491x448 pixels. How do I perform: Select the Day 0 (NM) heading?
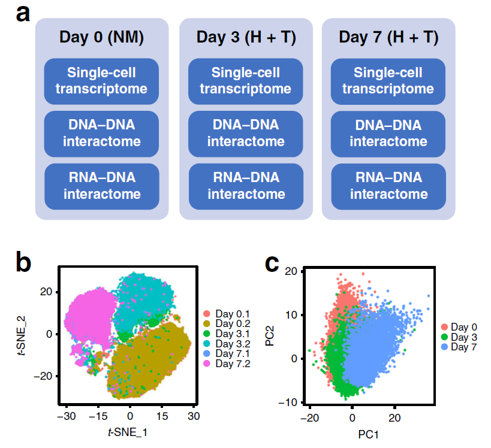pos(101,38)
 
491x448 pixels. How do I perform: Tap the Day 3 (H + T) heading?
pos(246,38)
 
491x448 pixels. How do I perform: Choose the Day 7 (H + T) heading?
pos(388,38)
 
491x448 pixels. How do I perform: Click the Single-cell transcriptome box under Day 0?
pos(101,81)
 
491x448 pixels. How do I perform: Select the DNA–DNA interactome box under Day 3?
pos(246,133)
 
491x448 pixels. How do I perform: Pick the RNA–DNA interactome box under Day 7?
pos(388,186)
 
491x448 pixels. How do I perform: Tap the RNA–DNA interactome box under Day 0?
pos(101,186)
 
